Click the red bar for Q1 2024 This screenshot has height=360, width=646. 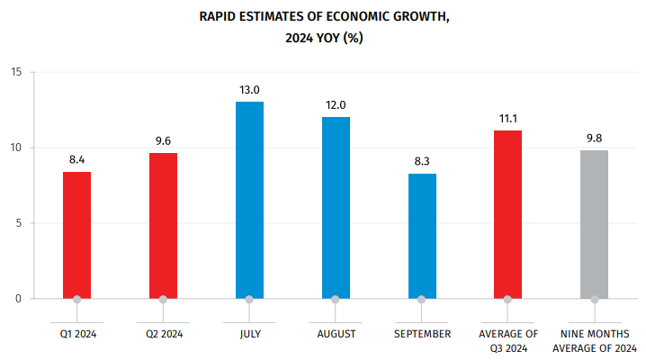point(76,234)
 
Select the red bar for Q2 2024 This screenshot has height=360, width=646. point(163,225)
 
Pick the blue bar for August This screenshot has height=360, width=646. point(336,207)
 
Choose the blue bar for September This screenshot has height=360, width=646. point(422,235)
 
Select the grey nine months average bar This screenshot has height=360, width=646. point(594,224)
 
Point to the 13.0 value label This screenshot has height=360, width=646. point(249,90)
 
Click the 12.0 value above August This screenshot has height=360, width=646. point(336,105)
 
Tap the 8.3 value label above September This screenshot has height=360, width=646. point(422,161)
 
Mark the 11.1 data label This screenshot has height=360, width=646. point(507,119)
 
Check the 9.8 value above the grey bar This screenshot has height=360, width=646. point(594,139)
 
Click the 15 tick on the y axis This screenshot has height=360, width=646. point(16,72)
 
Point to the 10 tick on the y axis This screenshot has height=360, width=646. point(16,148)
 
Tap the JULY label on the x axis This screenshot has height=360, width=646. point(249,334)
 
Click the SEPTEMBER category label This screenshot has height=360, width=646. point(422,334)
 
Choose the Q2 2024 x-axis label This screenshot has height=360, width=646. point(163,334)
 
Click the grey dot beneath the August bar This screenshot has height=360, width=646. point(336,300)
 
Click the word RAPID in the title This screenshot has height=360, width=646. point(220,15)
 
